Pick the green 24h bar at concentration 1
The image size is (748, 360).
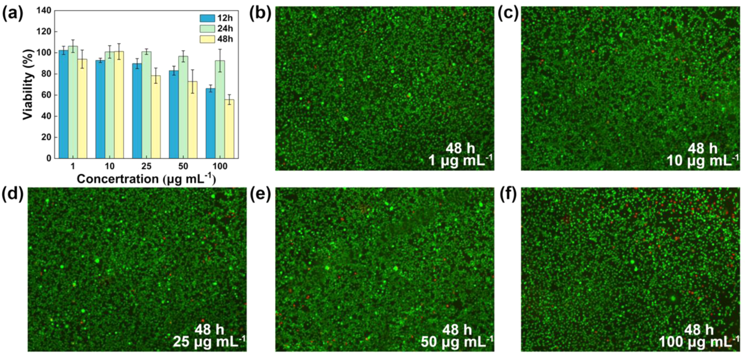pyautogui.click(x=73, y=102)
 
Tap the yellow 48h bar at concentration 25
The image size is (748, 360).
pyautogui.click(x=156, y=117)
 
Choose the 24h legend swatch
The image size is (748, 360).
pyautogui.click(x=207, y=29)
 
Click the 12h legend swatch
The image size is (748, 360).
pyautogui.click(x=207, y=18)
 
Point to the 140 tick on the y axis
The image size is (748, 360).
pyautogui.click(x=47, y=11)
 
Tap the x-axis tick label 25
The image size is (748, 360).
pyautogui.click(x=146, y=166)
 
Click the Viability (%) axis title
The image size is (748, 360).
pyautogui.click(x=28, y=84)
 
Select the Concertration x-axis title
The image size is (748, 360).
pyautogui.click(x=146, y=179)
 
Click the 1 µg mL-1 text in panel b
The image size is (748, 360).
pyautogui.click(x=460, y=161)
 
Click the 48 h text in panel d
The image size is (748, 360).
pyautogui.click(x=210, y=330)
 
